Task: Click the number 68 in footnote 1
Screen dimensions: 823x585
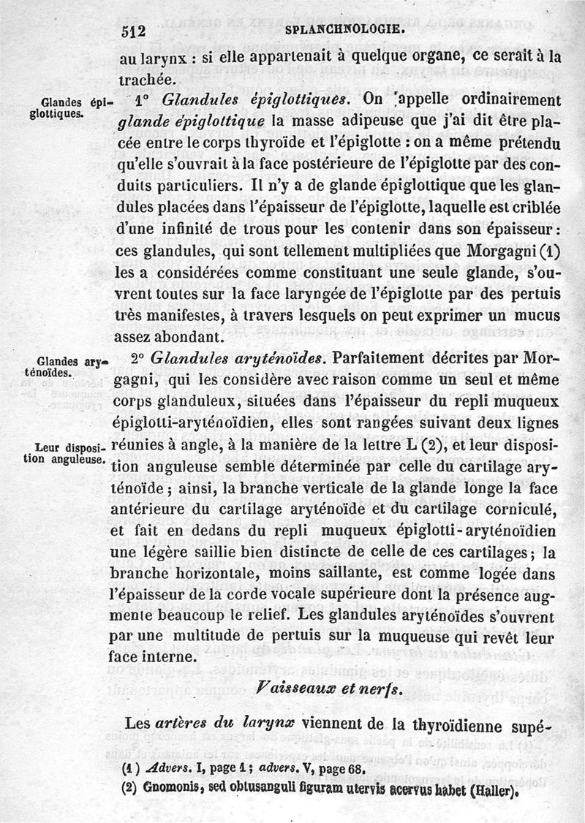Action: (x=354, y=769)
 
